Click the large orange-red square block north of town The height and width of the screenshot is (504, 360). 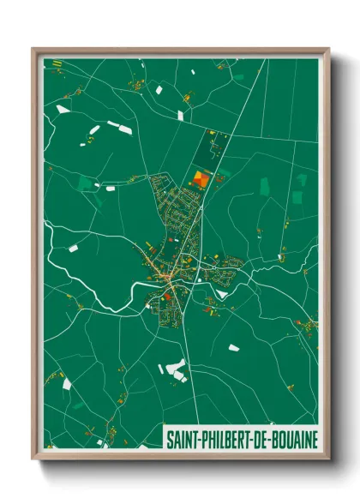point(201,179)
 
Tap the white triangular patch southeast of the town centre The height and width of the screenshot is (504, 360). point(222,295)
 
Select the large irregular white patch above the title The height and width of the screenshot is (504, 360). point(176,369)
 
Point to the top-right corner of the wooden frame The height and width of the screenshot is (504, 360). point(328,50)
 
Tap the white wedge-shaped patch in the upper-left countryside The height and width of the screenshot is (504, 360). point(62,109)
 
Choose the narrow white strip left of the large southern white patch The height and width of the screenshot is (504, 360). point(160,369)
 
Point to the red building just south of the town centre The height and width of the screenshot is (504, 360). point(167,297)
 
